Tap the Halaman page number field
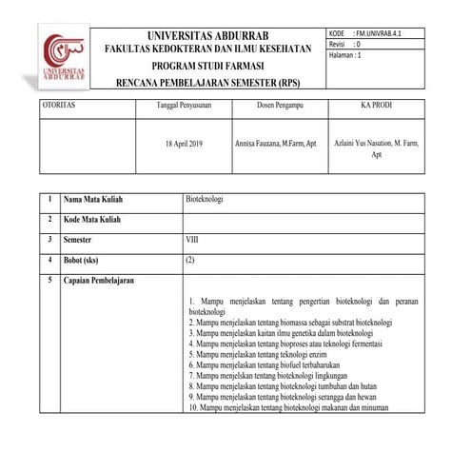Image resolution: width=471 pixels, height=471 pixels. tap(351, 55)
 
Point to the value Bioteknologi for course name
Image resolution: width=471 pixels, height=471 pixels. tap(205, 201)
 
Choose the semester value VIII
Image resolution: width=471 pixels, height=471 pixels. tap(193, 240)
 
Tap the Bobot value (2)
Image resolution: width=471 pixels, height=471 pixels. tap(191, 260)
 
